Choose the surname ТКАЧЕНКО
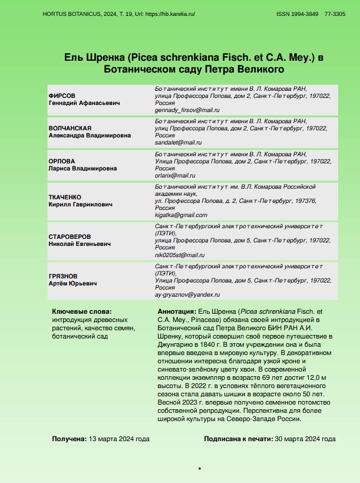tap(65, 196)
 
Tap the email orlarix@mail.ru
tap(175, 175)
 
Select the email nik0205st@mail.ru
tap(179, 255)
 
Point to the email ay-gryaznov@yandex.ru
tap(187, 294)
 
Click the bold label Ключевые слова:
tap(81, 311)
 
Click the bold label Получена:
tap(69, 439)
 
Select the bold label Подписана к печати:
tap(238, 439)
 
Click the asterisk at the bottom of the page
tap(200, 469)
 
